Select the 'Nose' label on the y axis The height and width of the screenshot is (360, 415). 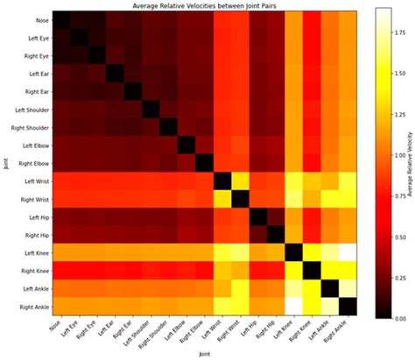click(x=40, y=19)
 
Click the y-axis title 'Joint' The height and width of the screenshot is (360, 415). click(x=6, y=162)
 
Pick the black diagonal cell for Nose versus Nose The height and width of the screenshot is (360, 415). click(x=60, y=19)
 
